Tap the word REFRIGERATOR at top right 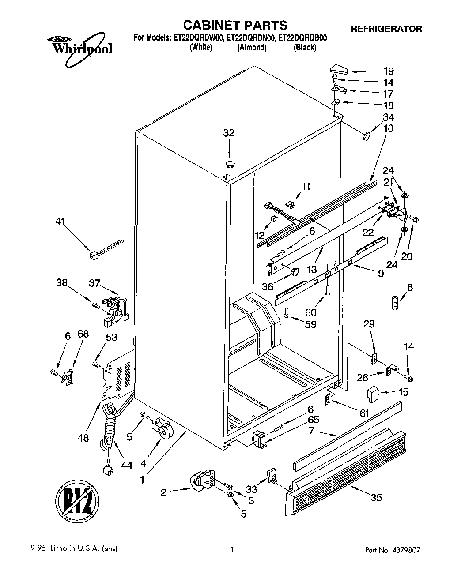click(386, 29)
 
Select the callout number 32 click(229, 133)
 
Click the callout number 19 click(388, 71)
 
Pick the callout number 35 click(376, 498)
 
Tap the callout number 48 click(83, 438)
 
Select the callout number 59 click(310, 325)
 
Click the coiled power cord click(109, 435)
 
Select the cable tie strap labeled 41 click(106, 248)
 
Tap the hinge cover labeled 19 click(339, 69)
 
